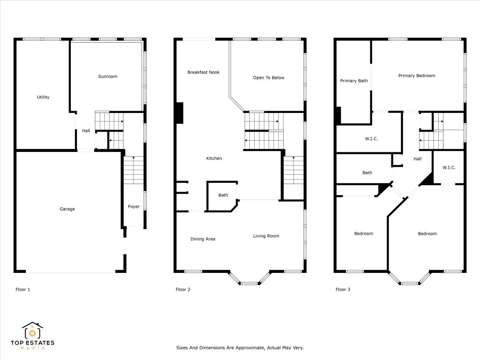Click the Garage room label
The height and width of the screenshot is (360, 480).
pos(67,209)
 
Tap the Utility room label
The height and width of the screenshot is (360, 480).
pos(43,97)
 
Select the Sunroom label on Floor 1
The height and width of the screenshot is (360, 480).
pos(107,76)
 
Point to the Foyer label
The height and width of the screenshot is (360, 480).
pos(134,207)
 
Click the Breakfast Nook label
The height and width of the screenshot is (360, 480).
pos(203,72)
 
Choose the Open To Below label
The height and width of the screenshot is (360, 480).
pos(269,78)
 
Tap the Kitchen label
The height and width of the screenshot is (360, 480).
pos(214,158)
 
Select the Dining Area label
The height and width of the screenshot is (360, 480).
pos(203,239)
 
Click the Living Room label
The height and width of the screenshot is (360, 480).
pos(266,236)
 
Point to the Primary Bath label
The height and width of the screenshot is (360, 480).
pos(354,81)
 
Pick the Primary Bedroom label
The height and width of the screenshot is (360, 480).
pos(417,76)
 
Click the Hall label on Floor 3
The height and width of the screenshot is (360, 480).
pos(417,159)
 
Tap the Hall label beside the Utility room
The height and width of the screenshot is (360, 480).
pos(86,131)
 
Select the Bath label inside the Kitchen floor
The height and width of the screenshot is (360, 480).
pos(223,195)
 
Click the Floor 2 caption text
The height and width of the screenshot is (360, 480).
pos(183,290)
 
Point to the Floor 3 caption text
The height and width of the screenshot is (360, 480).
pos(343,290)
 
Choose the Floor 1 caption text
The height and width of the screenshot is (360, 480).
pos(22,290)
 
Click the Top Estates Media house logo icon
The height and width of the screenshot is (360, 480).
pos(32,331)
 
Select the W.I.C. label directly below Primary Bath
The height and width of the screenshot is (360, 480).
pos(371,139)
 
